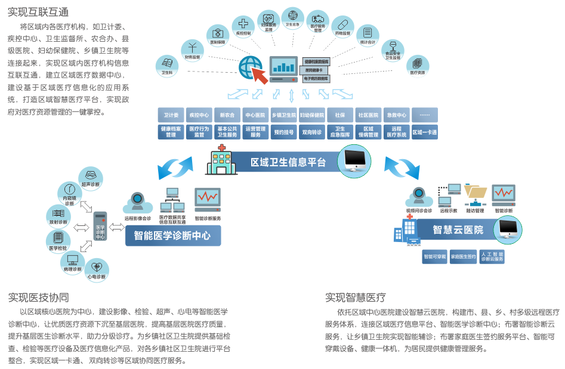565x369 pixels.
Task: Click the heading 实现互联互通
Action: (38, 13)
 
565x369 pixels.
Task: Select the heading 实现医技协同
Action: (38, 297)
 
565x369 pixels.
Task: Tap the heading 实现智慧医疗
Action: (356, 297)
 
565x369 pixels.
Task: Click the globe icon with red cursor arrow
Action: (251, 68)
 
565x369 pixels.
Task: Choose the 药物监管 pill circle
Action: (342, 27)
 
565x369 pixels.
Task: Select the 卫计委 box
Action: (171, 115)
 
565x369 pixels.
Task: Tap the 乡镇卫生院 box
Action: (283, 115)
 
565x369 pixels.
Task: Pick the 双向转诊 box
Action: (311, 132)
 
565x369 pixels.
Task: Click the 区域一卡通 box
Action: (424, 132)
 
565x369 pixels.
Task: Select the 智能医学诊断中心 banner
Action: (172, 235)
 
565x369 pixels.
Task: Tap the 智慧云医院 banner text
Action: (458, 230)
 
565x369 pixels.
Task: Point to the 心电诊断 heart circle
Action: (97, 269)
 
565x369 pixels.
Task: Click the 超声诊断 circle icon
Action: (91, 178)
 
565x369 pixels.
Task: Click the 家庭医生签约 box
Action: (463, 257)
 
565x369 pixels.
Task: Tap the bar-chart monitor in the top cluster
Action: (284, 67)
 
